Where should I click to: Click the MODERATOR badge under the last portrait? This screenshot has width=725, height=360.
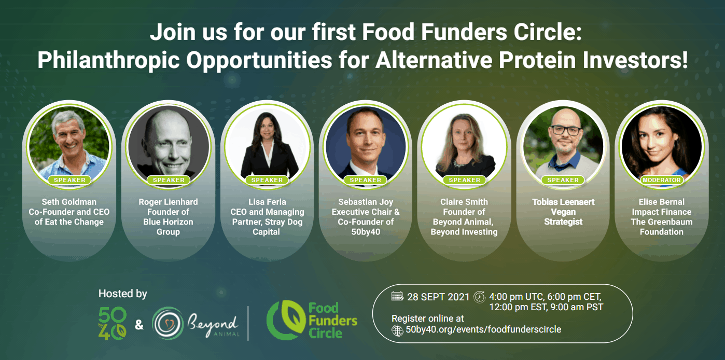662,180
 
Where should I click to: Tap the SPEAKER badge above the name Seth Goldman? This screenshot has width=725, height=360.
69,180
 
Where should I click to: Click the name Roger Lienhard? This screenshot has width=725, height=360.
169,202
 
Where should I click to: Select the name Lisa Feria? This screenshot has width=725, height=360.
268,202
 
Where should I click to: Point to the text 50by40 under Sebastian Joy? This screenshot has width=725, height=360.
366,232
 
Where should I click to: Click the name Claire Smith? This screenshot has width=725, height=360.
464,202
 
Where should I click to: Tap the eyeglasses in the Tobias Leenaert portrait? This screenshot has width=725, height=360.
566,131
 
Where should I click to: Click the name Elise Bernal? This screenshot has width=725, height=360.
662,202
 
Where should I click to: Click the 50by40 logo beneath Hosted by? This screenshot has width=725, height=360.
113,323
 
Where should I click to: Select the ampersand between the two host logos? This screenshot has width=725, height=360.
139,324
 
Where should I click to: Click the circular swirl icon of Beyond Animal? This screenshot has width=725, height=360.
168,323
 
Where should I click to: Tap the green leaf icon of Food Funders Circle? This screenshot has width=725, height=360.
285,320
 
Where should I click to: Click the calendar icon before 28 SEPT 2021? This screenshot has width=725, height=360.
397,296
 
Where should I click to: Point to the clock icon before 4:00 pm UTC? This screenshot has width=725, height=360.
479,297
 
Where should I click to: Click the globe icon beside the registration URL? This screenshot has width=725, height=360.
397,330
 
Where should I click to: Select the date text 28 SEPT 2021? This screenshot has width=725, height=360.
438,297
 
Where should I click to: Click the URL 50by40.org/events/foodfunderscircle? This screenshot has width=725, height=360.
483,329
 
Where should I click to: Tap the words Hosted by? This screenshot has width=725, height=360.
123,294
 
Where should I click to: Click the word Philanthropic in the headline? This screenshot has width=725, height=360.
108,60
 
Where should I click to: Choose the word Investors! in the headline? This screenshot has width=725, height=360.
635,60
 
